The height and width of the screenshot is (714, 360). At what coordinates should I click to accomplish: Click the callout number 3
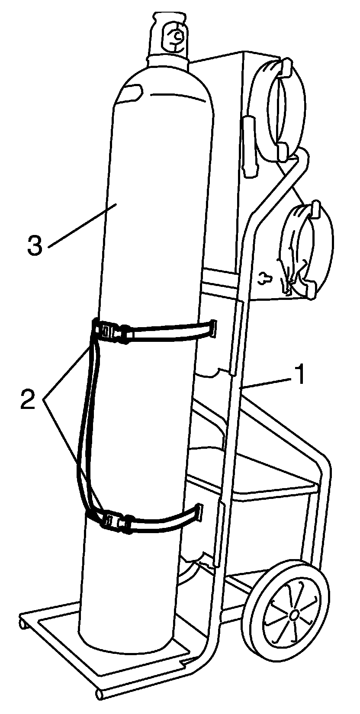35,245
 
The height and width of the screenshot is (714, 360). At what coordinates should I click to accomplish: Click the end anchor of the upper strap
212,328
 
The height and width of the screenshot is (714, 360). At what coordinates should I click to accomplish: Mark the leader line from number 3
80,226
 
